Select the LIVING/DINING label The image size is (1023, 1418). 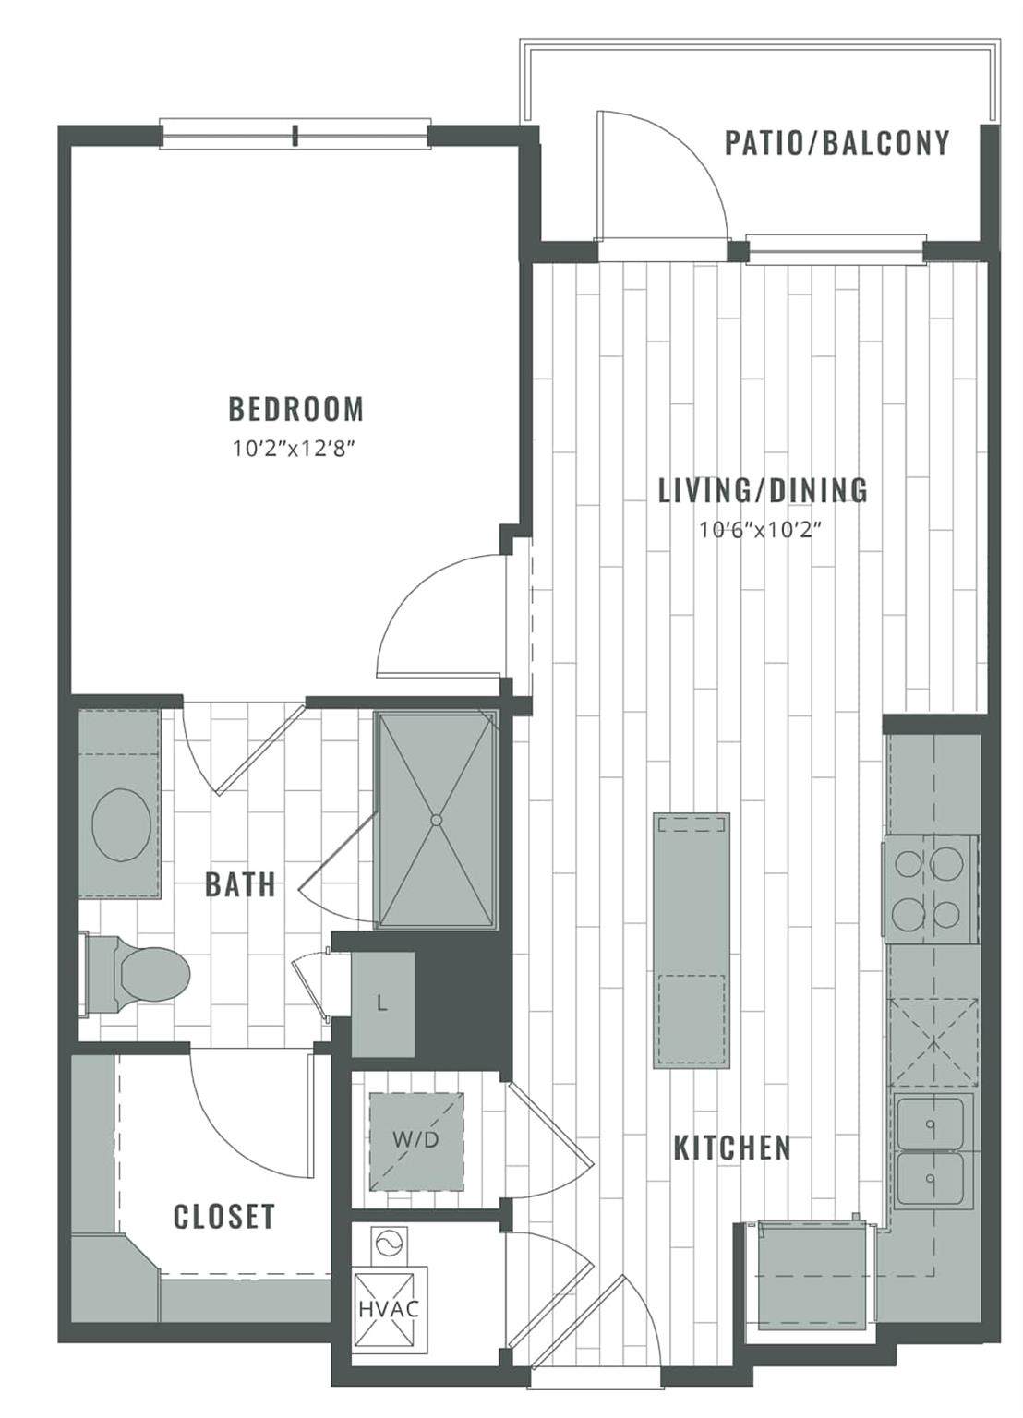[763, 490]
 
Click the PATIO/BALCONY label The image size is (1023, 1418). [836, 142]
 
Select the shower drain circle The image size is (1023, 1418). [436, 820]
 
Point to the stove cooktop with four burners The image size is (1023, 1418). [932, 889]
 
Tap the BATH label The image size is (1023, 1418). [241, 883]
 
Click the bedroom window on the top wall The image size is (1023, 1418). [295, 134]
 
